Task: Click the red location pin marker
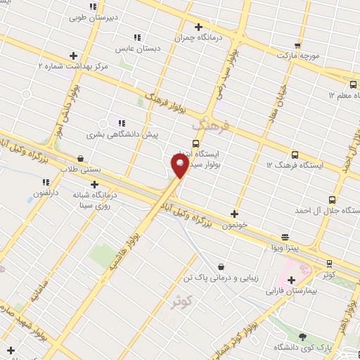179,166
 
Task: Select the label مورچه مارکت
297,54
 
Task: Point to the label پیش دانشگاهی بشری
123,133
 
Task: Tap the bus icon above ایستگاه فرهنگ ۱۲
294,154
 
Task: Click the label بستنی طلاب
81,169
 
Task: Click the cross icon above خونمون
234,214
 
